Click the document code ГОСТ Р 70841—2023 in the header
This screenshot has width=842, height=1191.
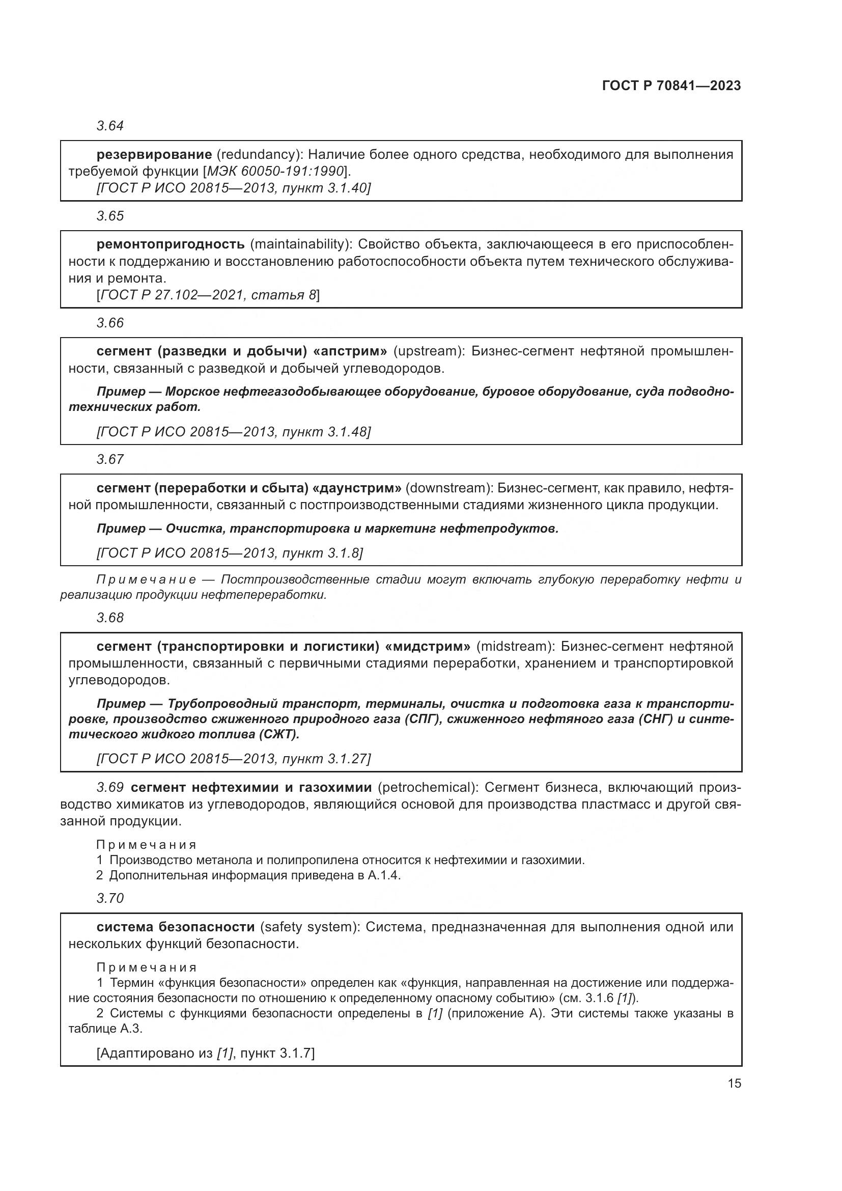click(x=671, y=86)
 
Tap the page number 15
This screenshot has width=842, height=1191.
click(x=734, y=1083)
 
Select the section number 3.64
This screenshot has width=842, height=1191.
click(x=110, y=126)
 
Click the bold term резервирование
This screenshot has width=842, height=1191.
click(x=154, y=155)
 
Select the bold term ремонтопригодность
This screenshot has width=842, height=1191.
click(x=170, y=244)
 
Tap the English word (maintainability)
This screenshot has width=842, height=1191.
click(x=300, y=244)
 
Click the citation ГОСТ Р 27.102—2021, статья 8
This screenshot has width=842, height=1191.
click(x=208, y=295)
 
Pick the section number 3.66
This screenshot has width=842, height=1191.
click(x=110, y=323)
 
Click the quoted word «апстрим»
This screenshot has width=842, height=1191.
click(x=350, y=352)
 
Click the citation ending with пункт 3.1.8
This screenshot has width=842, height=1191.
click(x=230, y=553)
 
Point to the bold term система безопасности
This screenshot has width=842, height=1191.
click(x=175, y=927)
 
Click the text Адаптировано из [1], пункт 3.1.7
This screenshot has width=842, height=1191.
click(x=205, y=1053)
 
